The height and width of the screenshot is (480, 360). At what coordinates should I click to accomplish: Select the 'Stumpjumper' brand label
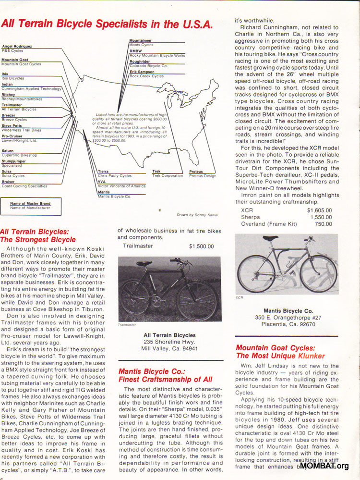[x=14, y=161]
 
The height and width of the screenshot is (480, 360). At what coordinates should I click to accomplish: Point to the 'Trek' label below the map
[x=156, y=172]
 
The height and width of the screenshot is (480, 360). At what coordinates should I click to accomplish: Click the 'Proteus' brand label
[x=196, y=172]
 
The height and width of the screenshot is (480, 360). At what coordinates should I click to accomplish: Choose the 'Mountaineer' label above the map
[x=140, y=41]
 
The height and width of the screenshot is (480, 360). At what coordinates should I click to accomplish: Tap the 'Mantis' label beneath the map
[x=104, y=192]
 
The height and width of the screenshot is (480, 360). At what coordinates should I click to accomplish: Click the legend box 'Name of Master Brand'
[x=30, y=204]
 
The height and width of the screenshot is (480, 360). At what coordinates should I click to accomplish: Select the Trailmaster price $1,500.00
[x=201, y=246]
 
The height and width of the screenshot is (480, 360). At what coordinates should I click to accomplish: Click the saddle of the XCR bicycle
[x=270, y=238]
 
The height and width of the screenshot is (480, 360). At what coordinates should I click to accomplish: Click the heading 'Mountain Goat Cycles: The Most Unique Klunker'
[x=280, y=352]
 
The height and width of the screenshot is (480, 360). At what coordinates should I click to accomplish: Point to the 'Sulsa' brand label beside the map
[x=7, y=172]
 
